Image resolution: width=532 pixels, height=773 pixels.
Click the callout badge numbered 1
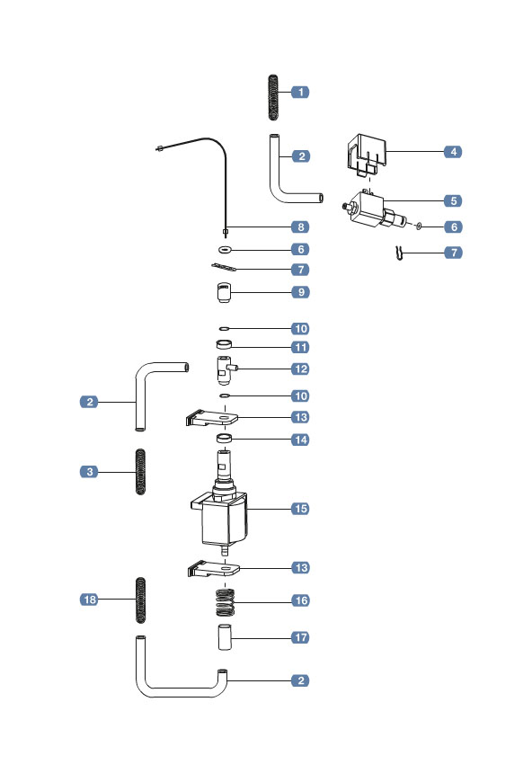pyautogui.click(x=300, y=92)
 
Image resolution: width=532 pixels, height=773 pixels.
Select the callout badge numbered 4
pyautogui.click(x=454, y=152)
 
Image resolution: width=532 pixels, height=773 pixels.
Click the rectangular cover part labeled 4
pyautogui.click(x=367, y=153)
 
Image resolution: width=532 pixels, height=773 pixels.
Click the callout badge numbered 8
pyautogui.click(x=300, y=227)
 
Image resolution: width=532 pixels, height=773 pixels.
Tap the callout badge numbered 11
pyautogui.click(x=300, y=347)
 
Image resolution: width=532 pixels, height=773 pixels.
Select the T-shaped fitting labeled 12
pyautogui.click(x=223, y=369)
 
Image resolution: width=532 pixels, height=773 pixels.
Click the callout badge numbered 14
pyautogui.click(x=300, y=440)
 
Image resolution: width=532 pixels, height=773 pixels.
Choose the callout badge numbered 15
pyautogui.click(x=300, y=508)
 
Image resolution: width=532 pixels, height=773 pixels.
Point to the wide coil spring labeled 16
pyautogui.click(x=224, y=601)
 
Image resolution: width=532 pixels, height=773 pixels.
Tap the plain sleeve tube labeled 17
pyautogui.click(x=224, y=637)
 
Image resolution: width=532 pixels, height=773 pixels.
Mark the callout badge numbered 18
pyautogui.click(x=90, y=599)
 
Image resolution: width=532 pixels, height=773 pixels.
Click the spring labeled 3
pyautogui.click(x=140, y=471)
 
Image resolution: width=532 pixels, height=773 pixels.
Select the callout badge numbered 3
pyautogui.click(x=90, y=471)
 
